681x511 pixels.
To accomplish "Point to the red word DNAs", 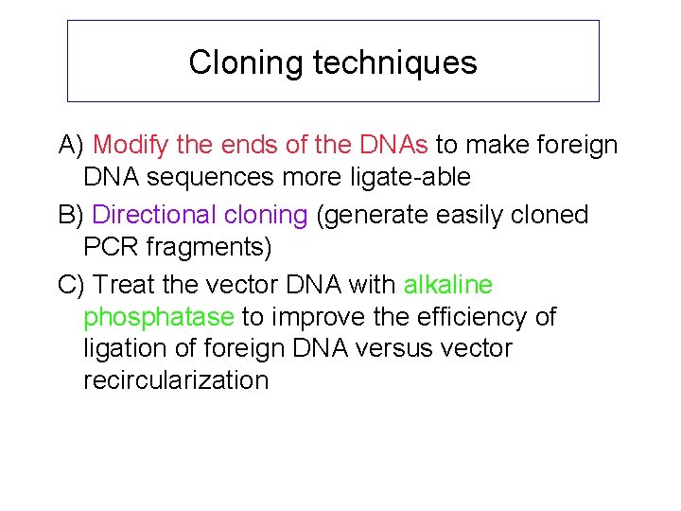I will pos(394,146).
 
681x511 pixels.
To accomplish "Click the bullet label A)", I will pos(72,146).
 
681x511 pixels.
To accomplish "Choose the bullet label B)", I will pos(72,216).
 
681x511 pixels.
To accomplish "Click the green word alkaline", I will pos(448,285).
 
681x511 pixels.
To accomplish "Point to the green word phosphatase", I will pos(159,317).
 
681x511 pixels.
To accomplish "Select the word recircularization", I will pos(176,380).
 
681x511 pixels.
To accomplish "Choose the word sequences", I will pos(210,177).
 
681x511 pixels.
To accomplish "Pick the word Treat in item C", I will pos(126,285).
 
